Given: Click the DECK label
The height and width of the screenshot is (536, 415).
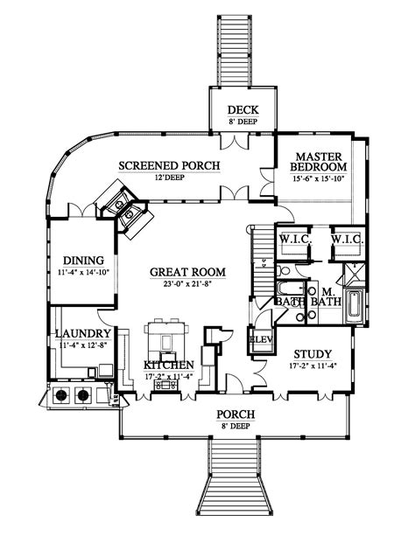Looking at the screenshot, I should pyautogui.click(x=240, y=109).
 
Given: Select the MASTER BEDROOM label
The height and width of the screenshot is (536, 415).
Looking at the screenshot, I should pyautogui.click(x=319, y=161).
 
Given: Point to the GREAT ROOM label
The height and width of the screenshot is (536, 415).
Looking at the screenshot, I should pyautogui.click(x=187, y=272).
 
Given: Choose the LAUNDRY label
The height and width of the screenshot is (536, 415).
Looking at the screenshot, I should pyautogui.click(x=83, y=333).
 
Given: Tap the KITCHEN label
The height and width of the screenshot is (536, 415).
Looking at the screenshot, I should pyautogui.click(x=168, y=365).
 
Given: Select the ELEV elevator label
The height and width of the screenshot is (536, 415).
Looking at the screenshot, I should pyautogui.click(x=261, y=339).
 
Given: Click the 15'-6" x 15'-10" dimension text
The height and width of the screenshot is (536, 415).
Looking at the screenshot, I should pyautogui.click(x=319, y=180).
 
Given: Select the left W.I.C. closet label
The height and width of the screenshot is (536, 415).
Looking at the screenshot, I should pyautogui.click(x=291, y=239).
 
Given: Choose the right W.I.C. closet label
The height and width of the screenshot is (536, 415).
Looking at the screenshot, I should pyautogui.click(x=347, y=239).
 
